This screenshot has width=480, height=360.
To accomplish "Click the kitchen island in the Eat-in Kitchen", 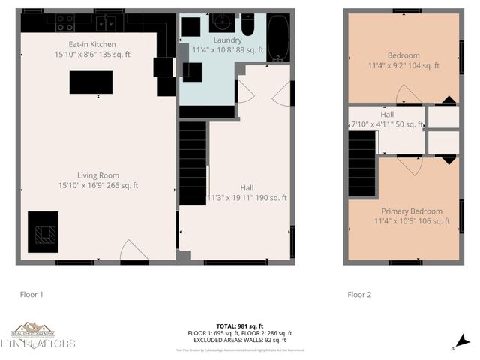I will pyautogui.click(x=91, y=82).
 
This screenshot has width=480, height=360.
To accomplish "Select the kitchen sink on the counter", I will pyautogui.click(x=106, y=22).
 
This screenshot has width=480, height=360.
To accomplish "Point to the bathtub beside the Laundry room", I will pyautogui.click(x=278, y=37).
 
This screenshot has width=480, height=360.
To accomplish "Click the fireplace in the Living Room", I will pyautogui.click(x=43, y=232).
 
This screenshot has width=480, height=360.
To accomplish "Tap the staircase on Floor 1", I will pyautogui.click(x=193, y=163).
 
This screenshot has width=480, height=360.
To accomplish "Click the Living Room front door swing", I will pyautogui.click(x=133, y=250).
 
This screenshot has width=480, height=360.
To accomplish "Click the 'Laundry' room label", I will pyautogui.click(x=226, y=39).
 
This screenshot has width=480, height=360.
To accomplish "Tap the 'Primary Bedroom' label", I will pyautogui.click(x=411, y=211).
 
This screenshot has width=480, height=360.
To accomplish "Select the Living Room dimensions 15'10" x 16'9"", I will pyautogui.click(x=97, y=185).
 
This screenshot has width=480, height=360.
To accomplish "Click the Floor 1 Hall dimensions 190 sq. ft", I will pyautogui.click(x=247, y=198).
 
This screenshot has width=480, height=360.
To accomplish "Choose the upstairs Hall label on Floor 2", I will pyautogui.click(x=386, y=114).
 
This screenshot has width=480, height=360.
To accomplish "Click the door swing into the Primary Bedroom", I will pyautogui.click(x=411, y=165).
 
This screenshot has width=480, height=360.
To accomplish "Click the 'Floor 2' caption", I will pyautogui.click(x=359, y=295).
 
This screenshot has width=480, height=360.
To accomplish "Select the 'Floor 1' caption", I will pyautogui.click(x=31, y=295).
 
